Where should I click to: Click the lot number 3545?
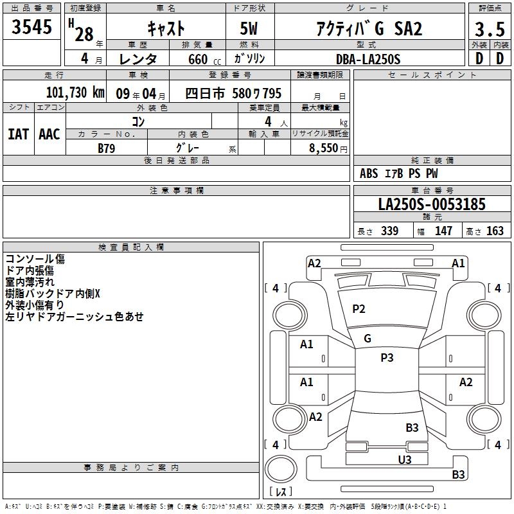(31, 27)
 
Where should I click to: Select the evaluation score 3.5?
(490, 29)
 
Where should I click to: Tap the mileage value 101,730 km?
(75, 93)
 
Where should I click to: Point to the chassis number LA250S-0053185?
(432, 204)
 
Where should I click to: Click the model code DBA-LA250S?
(368, 59)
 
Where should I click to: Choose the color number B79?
(107, 148)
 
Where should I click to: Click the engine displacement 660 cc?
(204, 59)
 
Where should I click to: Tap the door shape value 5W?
(249, 28)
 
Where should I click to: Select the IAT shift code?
(19, 134)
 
